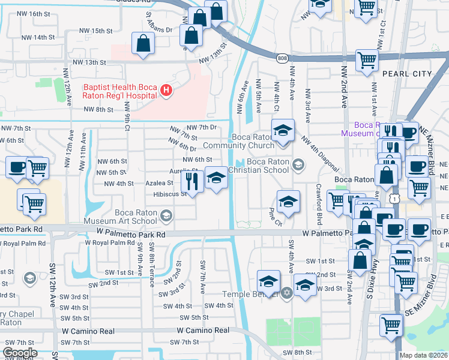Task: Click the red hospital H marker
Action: click(166, 92)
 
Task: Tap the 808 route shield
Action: click(283, 58)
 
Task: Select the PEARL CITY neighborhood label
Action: click(406, 73)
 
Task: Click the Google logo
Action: click(20, 353)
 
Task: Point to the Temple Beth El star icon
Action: click(287, 293)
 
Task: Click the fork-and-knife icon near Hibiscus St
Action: click(191, 179)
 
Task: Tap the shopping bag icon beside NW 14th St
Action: click(143, 43)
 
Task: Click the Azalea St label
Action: click(159, 184)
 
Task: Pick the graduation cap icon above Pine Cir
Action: click(288, 201)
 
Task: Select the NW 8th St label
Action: click(98, 109)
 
